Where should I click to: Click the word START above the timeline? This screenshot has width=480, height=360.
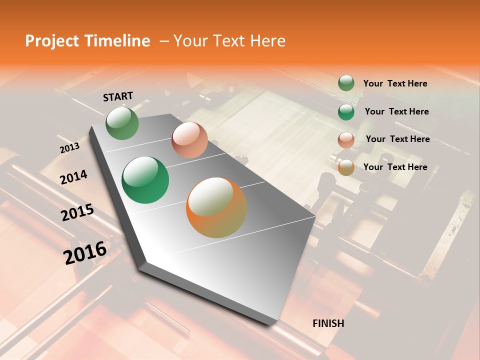click(118, 96)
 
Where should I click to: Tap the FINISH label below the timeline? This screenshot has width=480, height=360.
click(328, 323)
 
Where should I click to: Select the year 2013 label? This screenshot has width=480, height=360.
click(69, 148)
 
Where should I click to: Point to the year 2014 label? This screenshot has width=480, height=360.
click(73, 177)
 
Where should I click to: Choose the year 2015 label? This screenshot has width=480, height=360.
click(77, 213)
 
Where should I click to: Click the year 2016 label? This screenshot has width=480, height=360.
click(85, 252)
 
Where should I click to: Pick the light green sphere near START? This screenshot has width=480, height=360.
click(122, 123)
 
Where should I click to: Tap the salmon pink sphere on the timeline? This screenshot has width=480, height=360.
click(189, 140)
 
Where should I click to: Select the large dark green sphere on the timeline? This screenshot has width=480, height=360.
click(145, 180)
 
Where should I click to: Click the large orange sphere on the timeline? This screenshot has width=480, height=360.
click(216, 207)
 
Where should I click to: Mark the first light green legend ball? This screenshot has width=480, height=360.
click(346, 83)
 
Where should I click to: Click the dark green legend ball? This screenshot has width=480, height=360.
click(346, 111)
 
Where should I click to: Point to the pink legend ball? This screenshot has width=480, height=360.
click(346, 139)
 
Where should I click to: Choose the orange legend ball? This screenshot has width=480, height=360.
click(346, 167)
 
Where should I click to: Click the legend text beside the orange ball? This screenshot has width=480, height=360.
click(395, 167)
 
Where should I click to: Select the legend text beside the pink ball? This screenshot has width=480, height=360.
click(397, 139)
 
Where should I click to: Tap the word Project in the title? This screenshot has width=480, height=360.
click(51, 41)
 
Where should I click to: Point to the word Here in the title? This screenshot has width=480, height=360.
click(267, 41)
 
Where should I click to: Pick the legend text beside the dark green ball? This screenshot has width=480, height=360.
click(396, 111)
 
